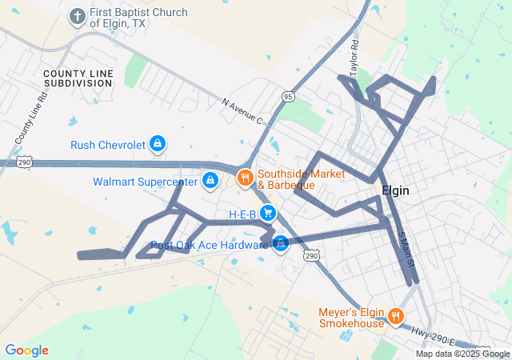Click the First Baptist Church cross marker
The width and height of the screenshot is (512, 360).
78,17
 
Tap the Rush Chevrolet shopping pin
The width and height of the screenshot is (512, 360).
158,144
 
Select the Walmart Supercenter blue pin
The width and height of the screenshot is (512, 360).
210,181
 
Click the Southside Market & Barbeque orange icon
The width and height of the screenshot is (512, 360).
245,178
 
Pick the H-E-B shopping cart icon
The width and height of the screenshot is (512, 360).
269,214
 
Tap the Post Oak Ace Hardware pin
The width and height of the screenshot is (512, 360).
280,244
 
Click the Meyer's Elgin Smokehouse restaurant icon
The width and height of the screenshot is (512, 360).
395,318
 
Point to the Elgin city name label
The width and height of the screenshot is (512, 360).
395,191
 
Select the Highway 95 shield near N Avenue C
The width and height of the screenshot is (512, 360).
288,96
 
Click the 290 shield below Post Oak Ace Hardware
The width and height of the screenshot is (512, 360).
311,255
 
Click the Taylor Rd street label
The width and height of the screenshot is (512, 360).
354,57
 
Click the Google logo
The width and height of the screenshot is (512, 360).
26,350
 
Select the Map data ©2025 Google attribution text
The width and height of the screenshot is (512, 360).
462,354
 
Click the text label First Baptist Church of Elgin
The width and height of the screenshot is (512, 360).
138,18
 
